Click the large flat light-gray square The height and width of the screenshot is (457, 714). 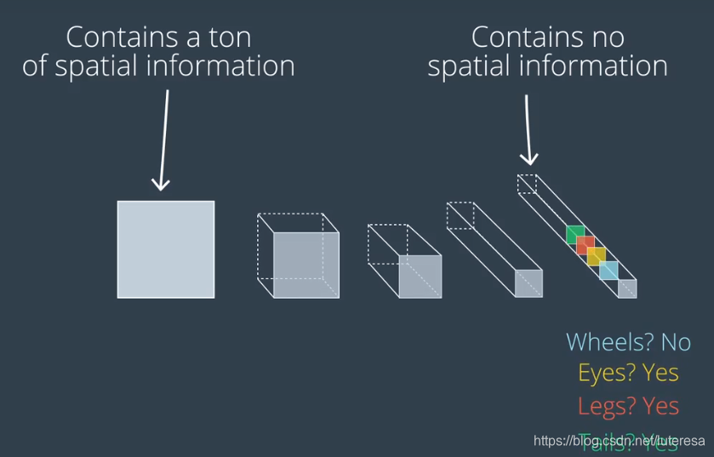tap(166, 249)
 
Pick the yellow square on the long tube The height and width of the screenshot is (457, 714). tap(597, 257)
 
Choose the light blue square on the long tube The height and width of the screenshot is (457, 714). tap(608, 271)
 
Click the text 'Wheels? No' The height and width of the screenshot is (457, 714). tap(628, 342)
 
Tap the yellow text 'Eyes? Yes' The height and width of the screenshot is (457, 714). tap(628, 373)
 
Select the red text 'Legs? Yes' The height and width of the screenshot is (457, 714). tap(628, 406)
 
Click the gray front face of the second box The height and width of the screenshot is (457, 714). tap(306, 265)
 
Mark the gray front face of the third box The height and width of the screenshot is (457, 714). tap(420, 277)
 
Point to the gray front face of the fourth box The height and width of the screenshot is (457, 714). tap(528, 283)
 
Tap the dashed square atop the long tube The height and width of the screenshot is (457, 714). tap(528, 184)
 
